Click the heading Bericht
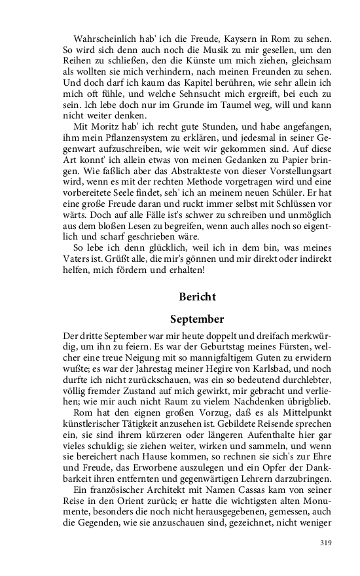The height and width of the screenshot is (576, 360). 197,297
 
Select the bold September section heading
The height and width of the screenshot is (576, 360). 197,320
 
